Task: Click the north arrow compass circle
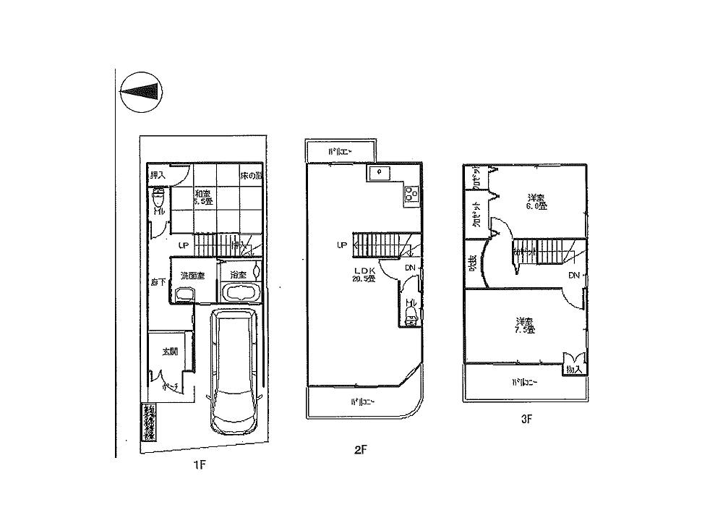pyautogui.click(x=140, y=91)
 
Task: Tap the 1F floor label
pyautogui.click(x=200, y=465)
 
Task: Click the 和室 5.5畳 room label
pyautogui.click(x=202, y=197)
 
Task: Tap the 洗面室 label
pyautogui.click(x=193, y=276)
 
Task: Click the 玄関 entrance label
pyautogui.click(x=170, y=352)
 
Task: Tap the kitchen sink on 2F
pyautogui.click(x=378, y=173)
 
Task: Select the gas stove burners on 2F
pyautogui.click(x=411, y=193)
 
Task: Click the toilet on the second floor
pyautogui.click(x=411, y=314)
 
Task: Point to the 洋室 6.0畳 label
pyautogui.click(x=536, y=201)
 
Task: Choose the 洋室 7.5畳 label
pyautogui.click(x=525, y=326)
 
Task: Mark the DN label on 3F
pyautogui.click(x=573, y=276)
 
